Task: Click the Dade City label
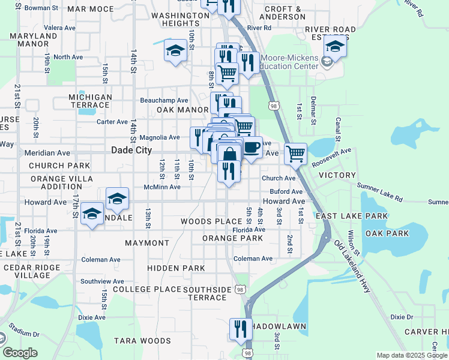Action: [131, 151]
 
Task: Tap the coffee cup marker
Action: [252, 147]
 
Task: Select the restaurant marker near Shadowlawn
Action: [238, 329]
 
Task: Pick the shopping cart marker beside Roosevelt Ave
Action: [295, 154]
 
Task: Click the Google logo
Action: [20, 353]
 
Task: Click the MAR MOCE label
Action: [91, 9]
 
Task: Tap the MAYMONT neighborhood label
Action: [147, 243]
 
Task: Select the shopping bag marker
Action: [229, 155]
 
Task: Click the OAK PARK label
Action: [387, 233]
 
